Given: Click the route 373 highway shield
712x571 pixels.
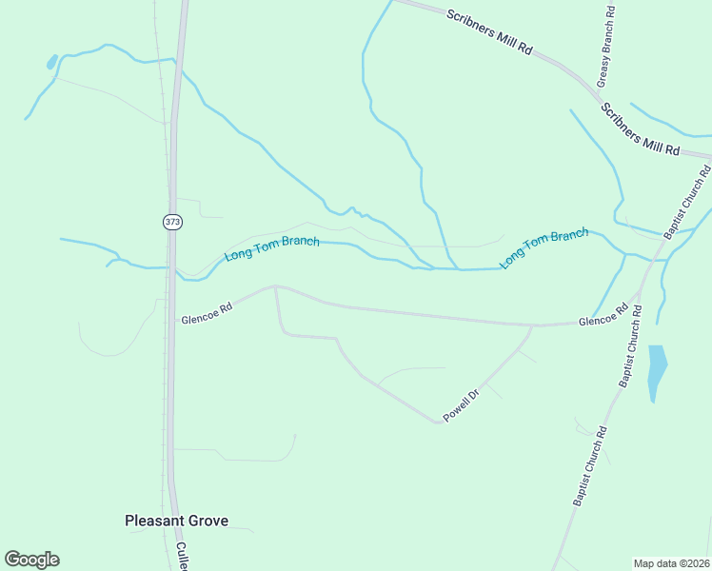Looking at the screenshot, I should click(x=171, y=221).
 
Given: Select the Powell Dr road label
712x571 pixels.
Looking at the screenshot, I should click(x=460, y=405).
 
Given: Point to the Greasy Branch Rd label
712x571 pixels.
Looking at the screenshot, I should click(x=605, y=47).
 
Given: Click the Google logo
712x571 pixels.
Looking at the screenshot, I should click(x=31, y=560).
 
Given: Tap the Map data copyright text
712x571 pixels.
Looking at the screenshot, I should click(x=671, y=562).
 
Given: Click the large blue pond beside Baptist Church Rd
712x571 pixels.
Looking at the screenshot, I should click(x=656, y=371).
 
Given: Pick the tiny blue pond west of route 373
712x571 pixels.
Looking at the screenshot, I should click(x=51, y=64).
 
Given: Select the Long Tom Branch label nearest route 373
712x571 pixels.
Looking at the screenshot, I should click(x=271, y=248).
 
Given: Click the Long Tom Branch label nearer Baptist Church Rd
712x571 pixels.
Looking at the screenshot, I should click(x=544, y=248).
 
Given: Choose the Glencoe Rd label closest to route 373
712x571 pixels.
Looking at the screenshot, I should click(x=207, y=313).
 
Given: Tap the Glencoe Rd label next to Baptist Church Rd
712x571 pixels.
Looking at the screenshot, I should click(x=603, y=316).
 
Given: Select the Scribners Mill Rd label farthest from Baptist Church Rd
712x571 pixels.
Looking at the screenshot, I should click(x=490, y=32).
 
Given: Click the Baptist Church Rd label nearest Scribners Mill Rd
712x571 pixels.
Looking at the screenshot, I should click(x=692, y=203).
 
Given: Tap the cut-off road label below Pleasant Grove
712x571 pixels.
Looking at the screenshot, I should click(x=182, y=557).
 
